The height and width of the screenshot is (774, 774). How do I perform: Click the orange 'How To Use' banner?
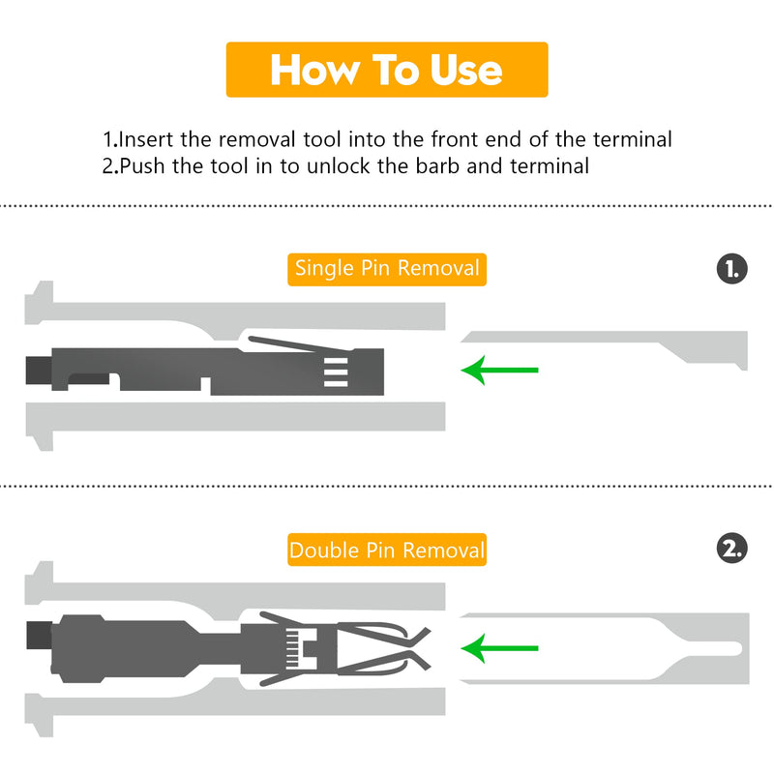pyautogui.click(x=387, y=70)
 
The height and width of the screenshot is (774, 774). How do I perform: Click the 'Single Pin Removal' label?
pyautogui.click(x=387, y=270)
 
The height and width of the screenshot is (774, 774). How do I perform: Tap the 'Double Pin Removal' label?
pyautogui.click(x=387, y=550)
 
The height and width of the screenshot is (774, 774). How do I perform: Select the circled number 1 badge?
pyautogui.click(x=732, y=269)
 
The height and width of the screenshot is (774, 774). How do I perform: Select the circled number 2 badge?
pyautogui.click(x=732, y=549)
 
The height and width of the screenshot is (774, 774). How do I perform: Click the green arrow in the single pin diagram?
pyautogui.click(x=499, y=371)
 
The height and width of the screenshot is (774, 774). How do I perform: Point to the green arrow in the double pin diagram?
pyautogui.click(x=499, y=648)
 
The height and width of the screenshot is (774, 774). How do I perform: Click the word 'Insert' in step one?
pyautogui.click(x=146, y=139)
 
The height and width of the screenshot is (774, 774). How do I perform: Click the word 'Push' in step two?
pyautogui.click(x=142, y=166)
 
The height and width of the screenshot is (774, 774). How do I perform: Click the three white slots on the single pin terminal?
pyautogui.click(x=336, y=372)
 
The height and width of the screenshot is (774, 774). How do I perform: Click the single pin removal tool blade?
pyautogui.click(x=605, y=350)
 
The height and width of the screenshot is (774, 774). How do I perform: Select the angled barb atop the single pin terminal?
pyautogui.click(x=300, y=344)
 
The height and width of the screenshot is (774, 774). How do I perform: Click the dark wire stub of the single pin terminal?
pyautogui.click(x=39, y=371)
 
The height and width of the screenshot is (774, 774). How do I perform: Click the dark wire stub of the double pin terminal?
pyautogui.click(x=39, y=636)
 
